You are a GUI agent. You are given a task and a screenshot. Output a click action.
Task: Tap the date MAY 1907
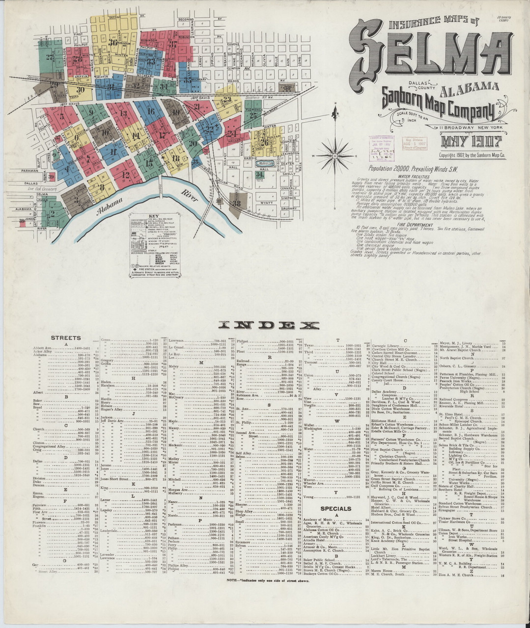[x=470, y=142]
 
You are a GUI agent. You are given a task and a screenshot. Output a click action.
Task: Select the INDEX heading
[x=269, y=325]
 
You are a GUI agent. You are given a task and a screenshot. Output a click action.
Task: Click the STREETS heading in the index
[x=66, y=338]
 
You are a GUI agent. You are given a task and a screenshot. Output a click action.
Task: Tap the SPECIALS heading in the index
[x=335, y=509]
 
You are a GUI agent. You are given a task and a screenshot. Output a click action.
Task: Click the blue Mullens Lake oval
[x=267, y=163]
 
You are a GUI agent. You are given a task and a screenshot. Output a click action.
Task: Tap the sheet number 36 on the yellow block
[x=113, y=43]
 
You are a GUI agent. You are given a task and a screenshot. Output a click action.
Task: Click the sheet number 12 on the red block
[x=126, y=174]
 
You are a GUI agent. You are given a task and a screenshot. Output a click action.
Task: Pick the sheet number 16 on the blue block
[x=150, y=111]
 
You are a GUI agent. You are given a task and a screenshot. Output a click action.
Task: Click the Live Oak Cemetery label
[x=39, y=188]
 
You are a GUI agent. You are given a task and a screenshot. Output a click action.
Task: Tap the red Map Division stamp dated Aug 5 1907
[x=414, y=143]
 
